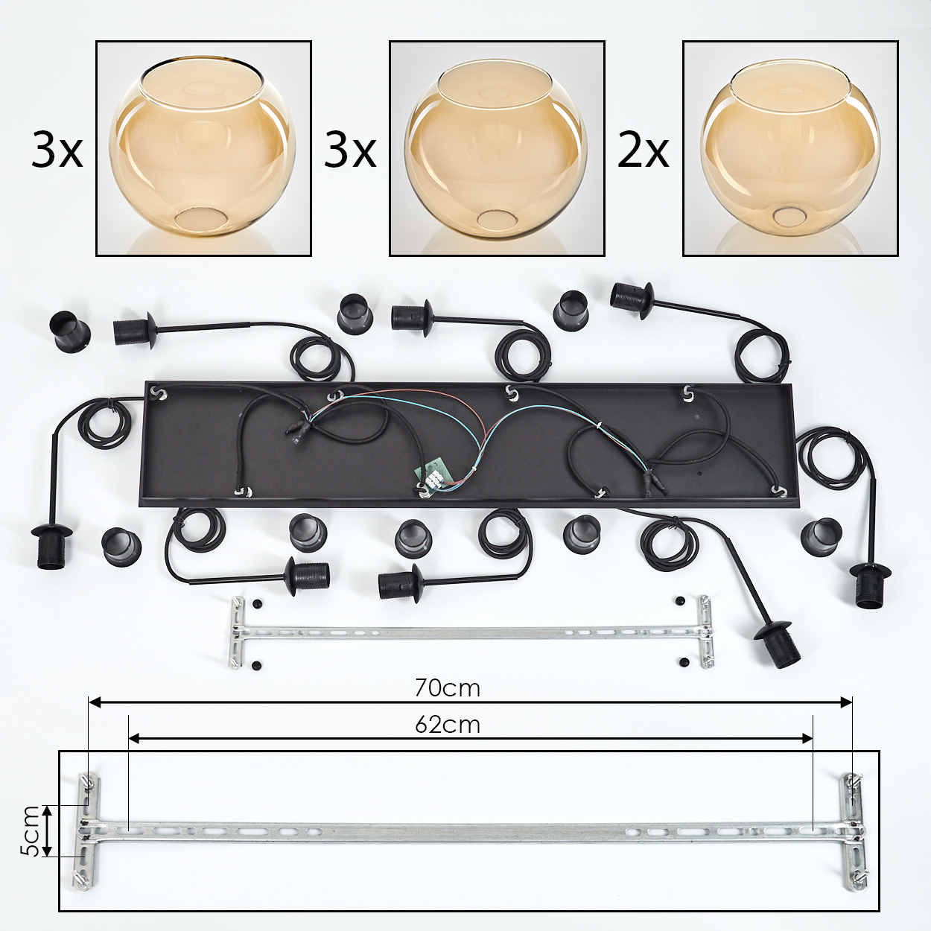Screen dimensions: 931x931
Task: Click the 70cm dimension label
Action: click(x=448, y=689)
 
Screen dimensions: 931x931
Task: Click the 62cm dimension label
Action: click(x=448, y=725)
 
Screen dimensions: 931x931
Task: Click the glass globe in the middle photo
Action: click(x=496, y=150)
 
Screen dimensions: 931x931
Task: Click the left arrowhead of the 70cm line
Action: click(x=95, y=703)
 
